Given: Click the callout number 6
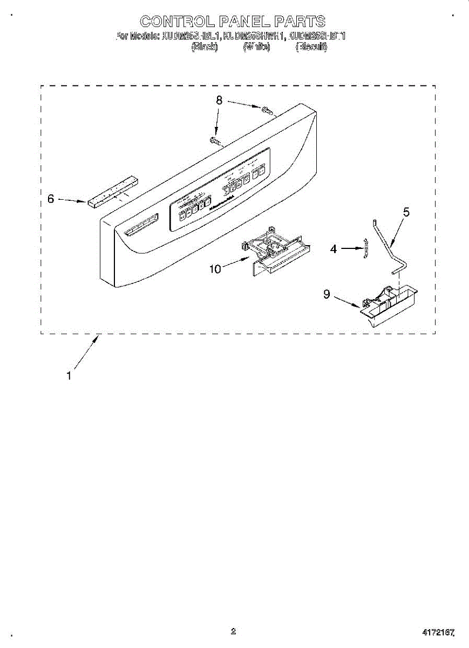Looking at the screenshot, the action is pos(51,199).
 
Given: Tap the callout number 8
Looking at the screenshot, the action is pos(219,100).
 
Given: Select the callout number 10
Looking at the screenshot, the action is pos(215,268).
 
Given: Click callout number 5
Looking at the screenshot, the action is pos(406,212).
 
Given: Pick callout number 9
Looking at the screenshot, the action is pos(326,294).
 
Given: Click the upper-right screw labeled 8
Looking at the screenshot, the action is pos(267,112).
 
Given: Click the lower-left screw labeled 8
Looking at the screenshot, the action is pos(215,141).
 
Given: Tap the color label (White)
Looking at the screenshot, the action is pos(256,47).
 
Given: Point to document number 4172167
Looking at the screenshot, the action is pos(438,631).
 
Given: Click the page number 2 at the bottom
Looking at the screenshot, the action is pos(233,631).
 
